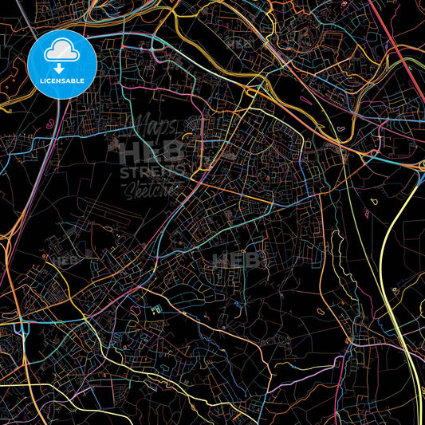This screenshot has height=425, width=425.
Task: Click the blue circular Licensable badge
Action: point(62,65)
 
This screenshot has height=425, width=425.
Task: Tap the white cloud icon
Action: point(62,52)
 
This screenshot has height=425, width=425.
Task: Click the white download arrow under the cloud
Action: point(62,67)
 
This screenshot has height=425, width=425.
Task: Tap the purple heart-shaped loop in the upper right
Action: point(342,128)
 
